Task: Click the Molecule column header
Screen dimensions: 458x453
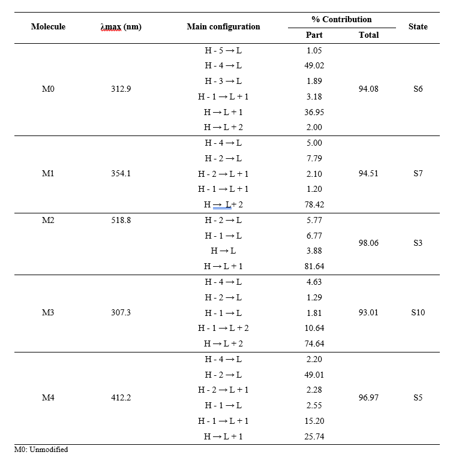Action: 48,26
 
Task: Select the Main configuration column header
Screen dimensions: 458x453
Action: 223,26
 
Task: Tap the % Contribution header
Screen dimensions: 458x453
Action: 341,19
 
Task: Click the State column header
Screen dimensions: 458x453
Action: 418,26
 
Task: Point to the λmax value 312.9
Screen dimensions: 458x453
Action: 121,89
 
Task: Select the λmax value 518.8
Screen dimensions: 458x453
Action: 121,220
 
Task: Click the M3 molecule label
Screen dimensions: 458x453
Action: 48,312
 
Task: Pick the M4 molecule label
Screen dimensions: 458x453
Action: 48,397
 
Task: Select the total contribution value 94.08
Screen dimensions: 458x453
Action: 368,89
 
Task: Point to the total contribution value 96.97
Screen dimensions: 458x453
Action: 368,397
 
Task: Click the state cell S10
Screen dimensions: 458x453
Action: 418,312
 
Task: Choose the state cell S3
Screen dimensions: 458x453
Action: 418,243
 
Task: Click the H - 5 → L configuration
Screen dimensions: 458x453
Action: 223,50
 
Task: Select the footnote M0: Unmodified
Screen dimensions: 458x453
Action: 41,450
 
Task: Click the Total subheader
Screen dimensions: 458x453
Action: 368,35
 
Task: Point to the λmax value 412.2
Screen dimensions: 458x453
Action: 121,397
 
